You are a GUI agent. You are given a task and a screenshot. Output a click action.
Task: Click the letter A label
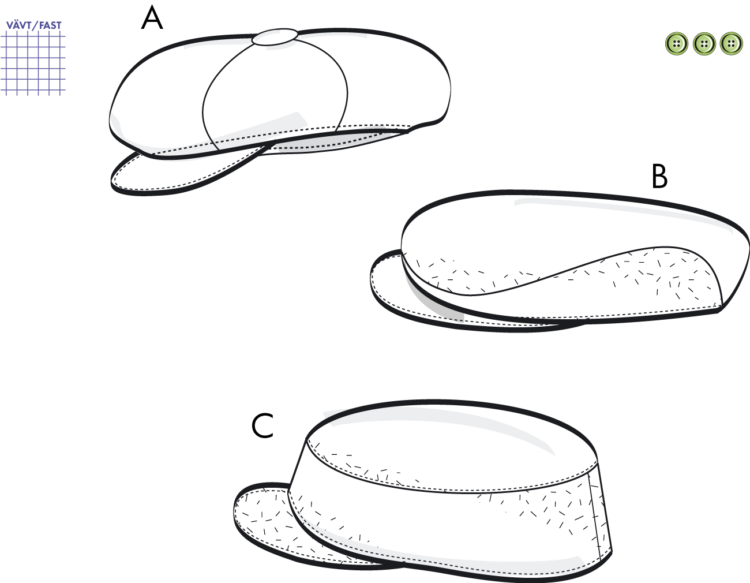(x=152, y=18)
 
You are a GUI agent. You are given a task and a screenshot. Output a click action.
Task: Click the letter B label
(x=659, y=176)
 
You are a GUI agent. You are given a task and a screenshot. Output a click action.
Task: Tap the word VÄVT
(x=18, y=25)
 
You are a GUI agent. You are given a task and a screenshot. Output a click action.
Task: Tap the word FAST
(x=50, y=25)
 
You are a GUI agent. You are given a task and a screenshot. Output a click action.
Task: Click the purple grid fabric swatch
(x=33, y=63)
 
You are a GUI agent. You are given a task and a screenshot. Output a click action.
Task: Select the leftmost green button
(x=677, y=44)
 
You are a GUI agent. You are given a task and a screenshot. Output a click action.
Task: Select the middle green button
(x=704, y=44)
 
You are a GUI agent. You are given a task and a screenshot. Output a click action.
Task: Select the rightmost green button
(x=732, y=44)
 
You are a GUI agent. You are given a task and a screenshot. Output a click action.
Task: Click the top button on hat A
(x=275, y=36)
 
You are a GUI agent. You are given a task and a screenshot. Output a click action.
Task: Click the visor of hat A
(x=172, y=176)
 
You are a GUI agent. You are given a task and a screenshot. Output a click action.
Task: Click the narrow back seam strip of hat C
(x=600, y=514)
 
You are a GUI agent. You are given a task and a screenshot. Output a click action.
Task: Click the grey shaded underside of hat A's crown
(x=331, y=142)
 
